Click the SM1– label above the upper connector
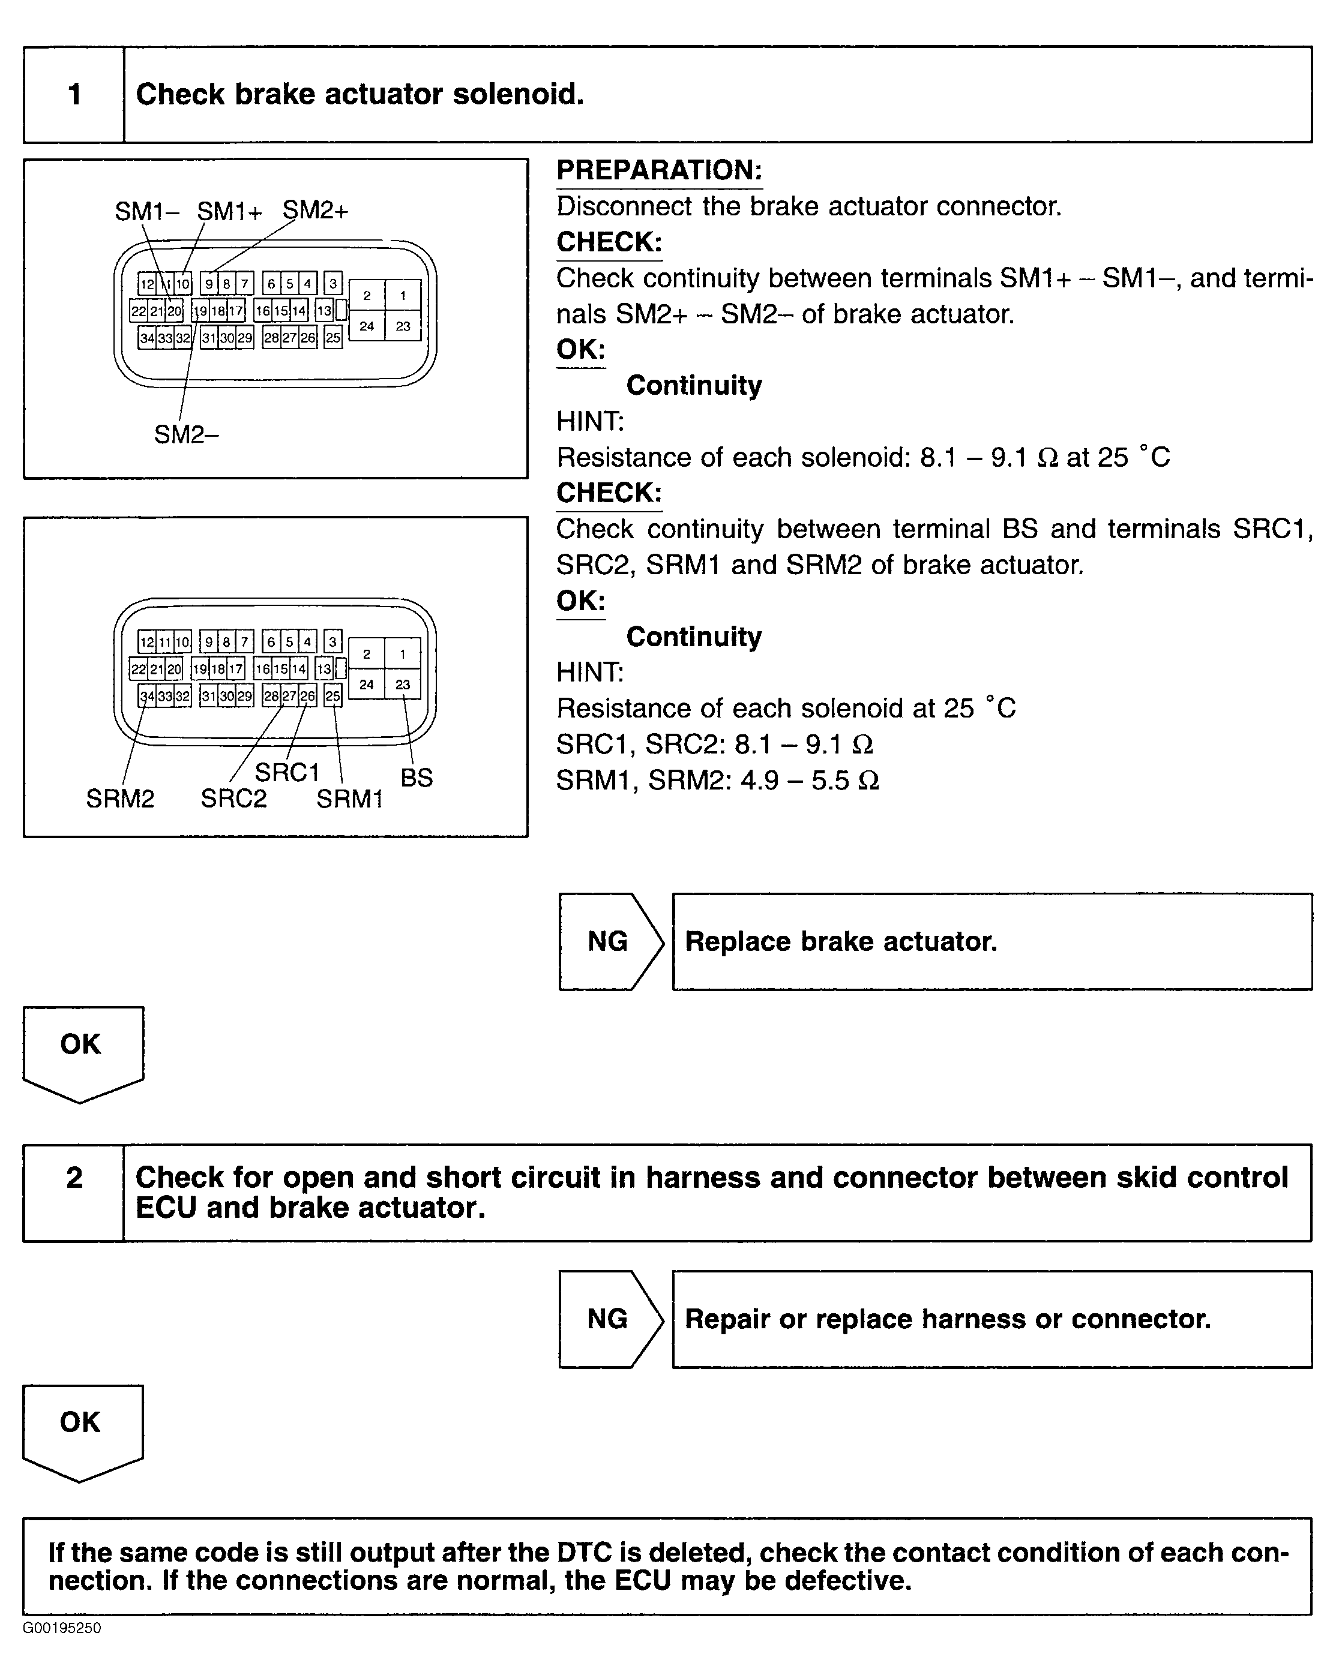coord(147,211)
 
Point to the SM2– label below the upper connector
coord(186,434)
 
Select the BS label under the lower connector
coord(417,778)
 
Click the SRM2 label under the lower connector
coord(120,799)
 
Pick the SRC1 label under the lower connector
coord(287,773)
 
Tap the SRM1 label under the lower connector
coord(349,799)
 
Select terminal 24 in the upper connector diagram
coord(367,326)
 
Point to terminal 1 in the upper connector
coord(403,296)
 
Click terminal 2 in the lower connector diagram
coord(367,654)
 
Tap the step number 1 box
coord(74,95)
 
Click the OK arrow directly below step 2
coord(82,1429)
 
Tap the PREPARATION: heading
coord(658,170)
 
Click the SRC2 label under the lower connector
coord(233,799)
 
